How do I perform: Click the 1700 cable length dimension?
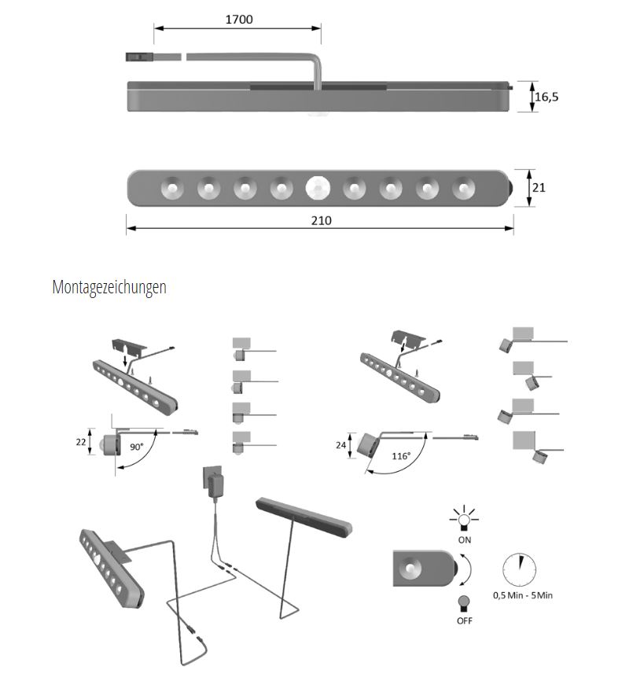(238, 19)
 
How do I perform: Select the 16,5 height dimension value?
(547, 97)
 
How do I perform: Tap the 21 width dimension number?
(539, 188)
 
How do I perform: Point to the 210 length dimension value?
(320, 220)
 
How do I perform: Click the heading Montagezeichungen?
(109, 287)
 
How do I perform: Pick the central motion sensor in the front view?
(317, 188)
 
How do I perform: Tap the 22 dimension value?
(82, 442)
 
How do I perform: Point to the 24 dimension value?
(340, 445)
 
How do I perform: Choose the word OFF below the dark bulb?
(465, 620)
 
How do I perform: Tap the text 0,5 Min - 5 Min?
(522, 595)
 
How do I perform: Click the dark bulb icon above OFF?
(464, 602)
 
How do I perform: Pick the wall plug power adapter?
(214, 482)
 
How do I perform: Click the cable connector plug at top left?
(138, 57)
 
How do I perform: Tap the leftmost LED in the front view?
(171, 188)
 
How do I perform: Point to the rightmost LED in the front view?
(462, 188)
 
